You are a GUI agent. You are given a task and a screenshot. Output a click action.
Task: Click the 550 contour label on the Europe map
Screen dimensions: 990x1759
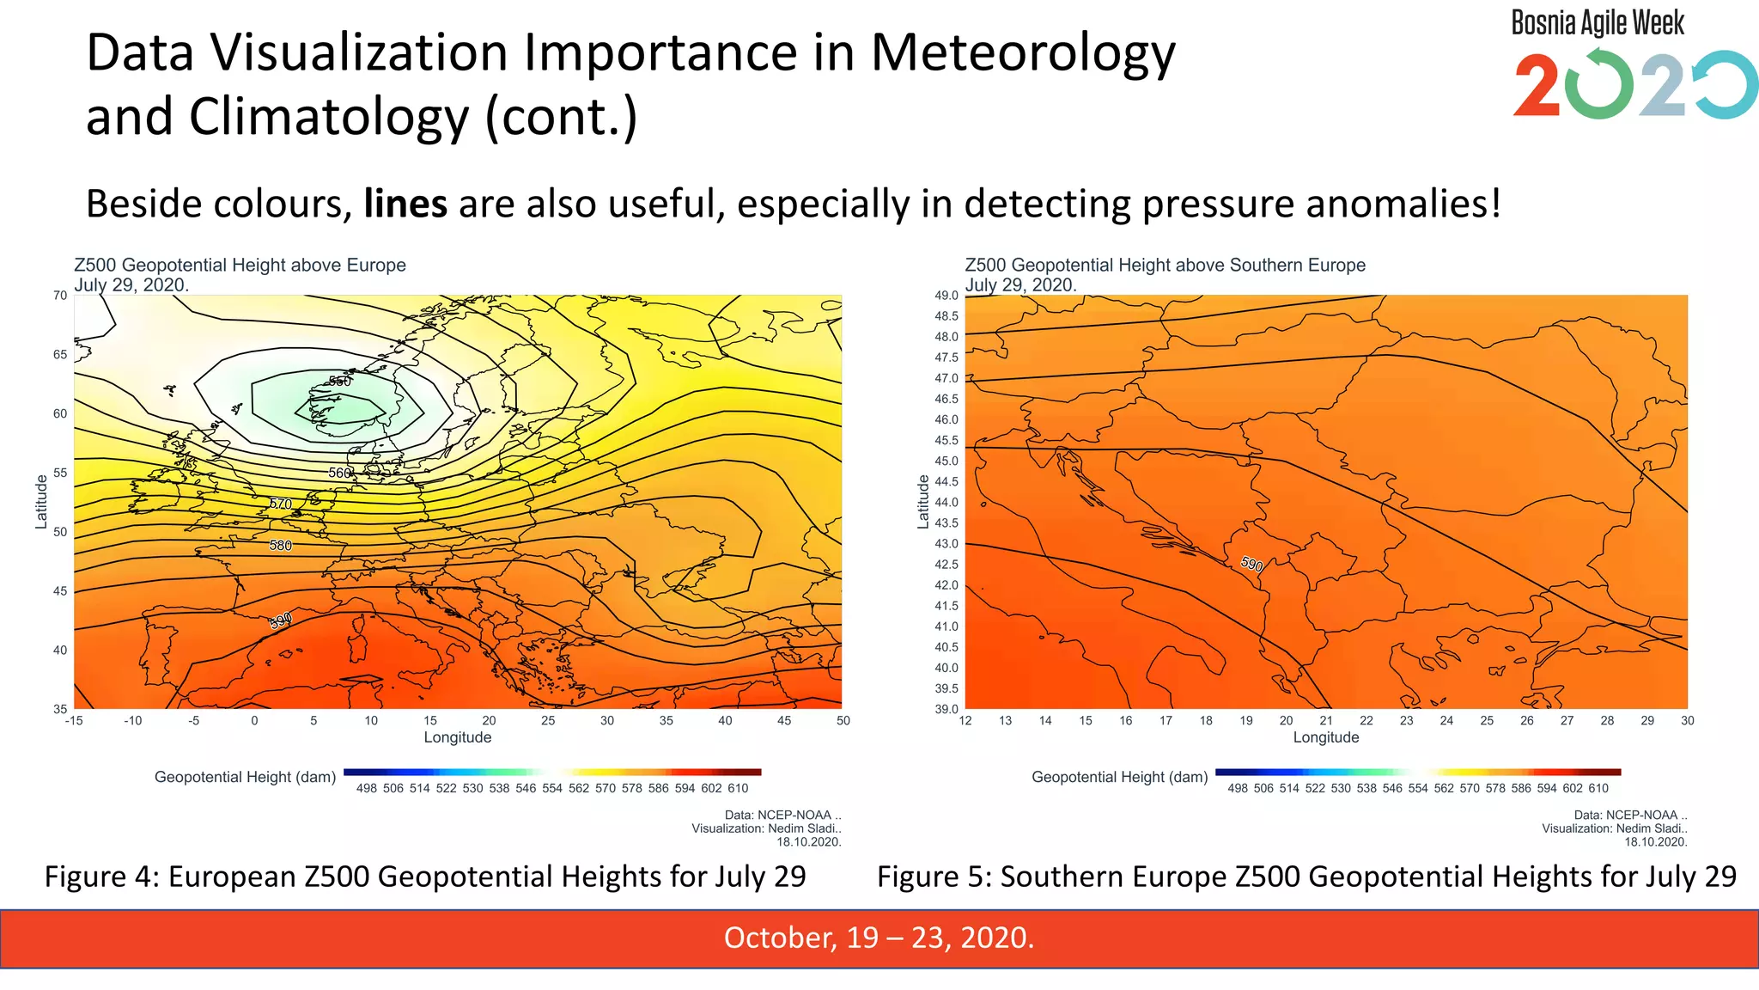[340, 382]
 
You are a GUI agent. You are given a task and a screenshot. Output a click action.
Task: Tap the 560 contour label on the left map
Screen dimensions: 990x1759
[340, 474]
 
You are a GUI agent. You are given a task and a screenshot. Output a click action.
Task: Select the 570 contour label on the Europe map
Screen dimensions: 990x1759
[281, 504]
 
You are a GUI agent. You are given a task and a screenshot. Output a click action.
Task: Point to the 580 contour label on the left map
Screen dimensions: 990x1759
[281, 546]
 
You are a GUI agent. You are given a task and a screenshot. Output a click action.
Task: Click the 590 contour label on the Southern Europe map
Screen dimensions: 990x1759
[1252, 565]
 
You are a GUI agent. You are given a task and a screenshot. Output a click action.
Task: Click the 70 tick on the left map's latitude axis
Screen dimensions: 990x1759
[60, 296]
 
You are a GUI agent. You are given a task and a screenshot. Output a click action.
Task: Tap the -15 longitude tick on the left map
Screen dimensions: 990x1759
[74, 721]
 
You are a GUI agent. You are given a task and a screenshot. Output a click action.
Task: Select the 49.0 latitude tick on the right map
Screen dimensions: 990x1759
[946, 296]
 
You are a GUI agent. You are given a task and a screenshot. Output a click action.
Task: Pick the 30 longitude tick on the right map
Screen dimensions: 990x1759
[1688, 721]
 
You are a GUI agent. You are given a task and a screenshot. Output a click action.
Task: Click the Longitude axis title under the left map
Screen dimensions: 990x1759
[458, 738]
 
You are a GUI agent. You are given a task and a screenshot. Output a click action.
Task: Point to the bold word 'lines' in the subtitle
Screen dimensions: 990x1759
[405, 205]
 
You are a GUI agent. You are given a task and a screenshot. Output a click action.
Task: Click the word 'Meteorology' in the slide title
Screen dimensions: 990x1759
[1023, 53]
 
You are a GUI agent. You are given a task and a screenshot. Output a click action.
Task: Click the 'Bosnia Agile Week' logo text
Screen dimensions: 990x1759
[1598, 23]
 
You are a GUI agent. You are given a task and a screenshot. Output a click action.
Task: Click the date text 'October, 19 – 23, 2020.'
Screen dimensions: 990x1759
[879, 938]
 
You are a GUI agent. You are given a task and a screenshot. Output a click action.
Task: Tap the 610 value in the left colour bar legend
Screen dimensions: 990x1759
[738, 789]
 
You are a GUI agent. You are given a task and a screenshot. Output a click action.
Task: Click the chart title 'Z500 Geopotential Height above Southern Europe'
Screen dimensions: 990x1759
[1165, 266]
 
